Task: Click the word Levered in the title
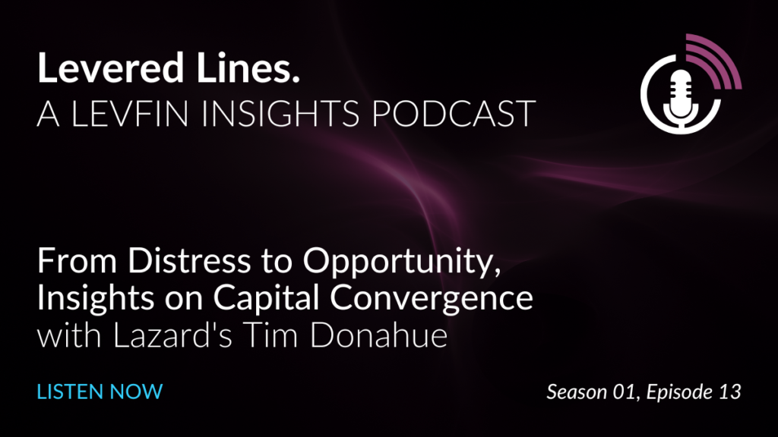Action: (x=111, y=68)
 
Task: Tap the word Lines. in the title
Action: (x=248, y=68)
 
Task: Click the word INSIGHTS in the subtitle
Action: (x=280, y=114)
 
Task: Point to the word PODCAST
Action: (x=454, y=114)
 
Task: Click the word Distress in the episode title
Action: (x=189, y=261)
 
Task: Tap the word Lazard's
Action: (x=172, y=336)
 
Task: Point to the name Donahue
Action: (x=379, y=336)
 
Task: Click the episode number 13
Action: (x=730, y=392)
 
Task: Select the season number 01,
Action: (x=625, y=392)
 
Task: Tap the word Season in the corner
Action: (x=577, y=392)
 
